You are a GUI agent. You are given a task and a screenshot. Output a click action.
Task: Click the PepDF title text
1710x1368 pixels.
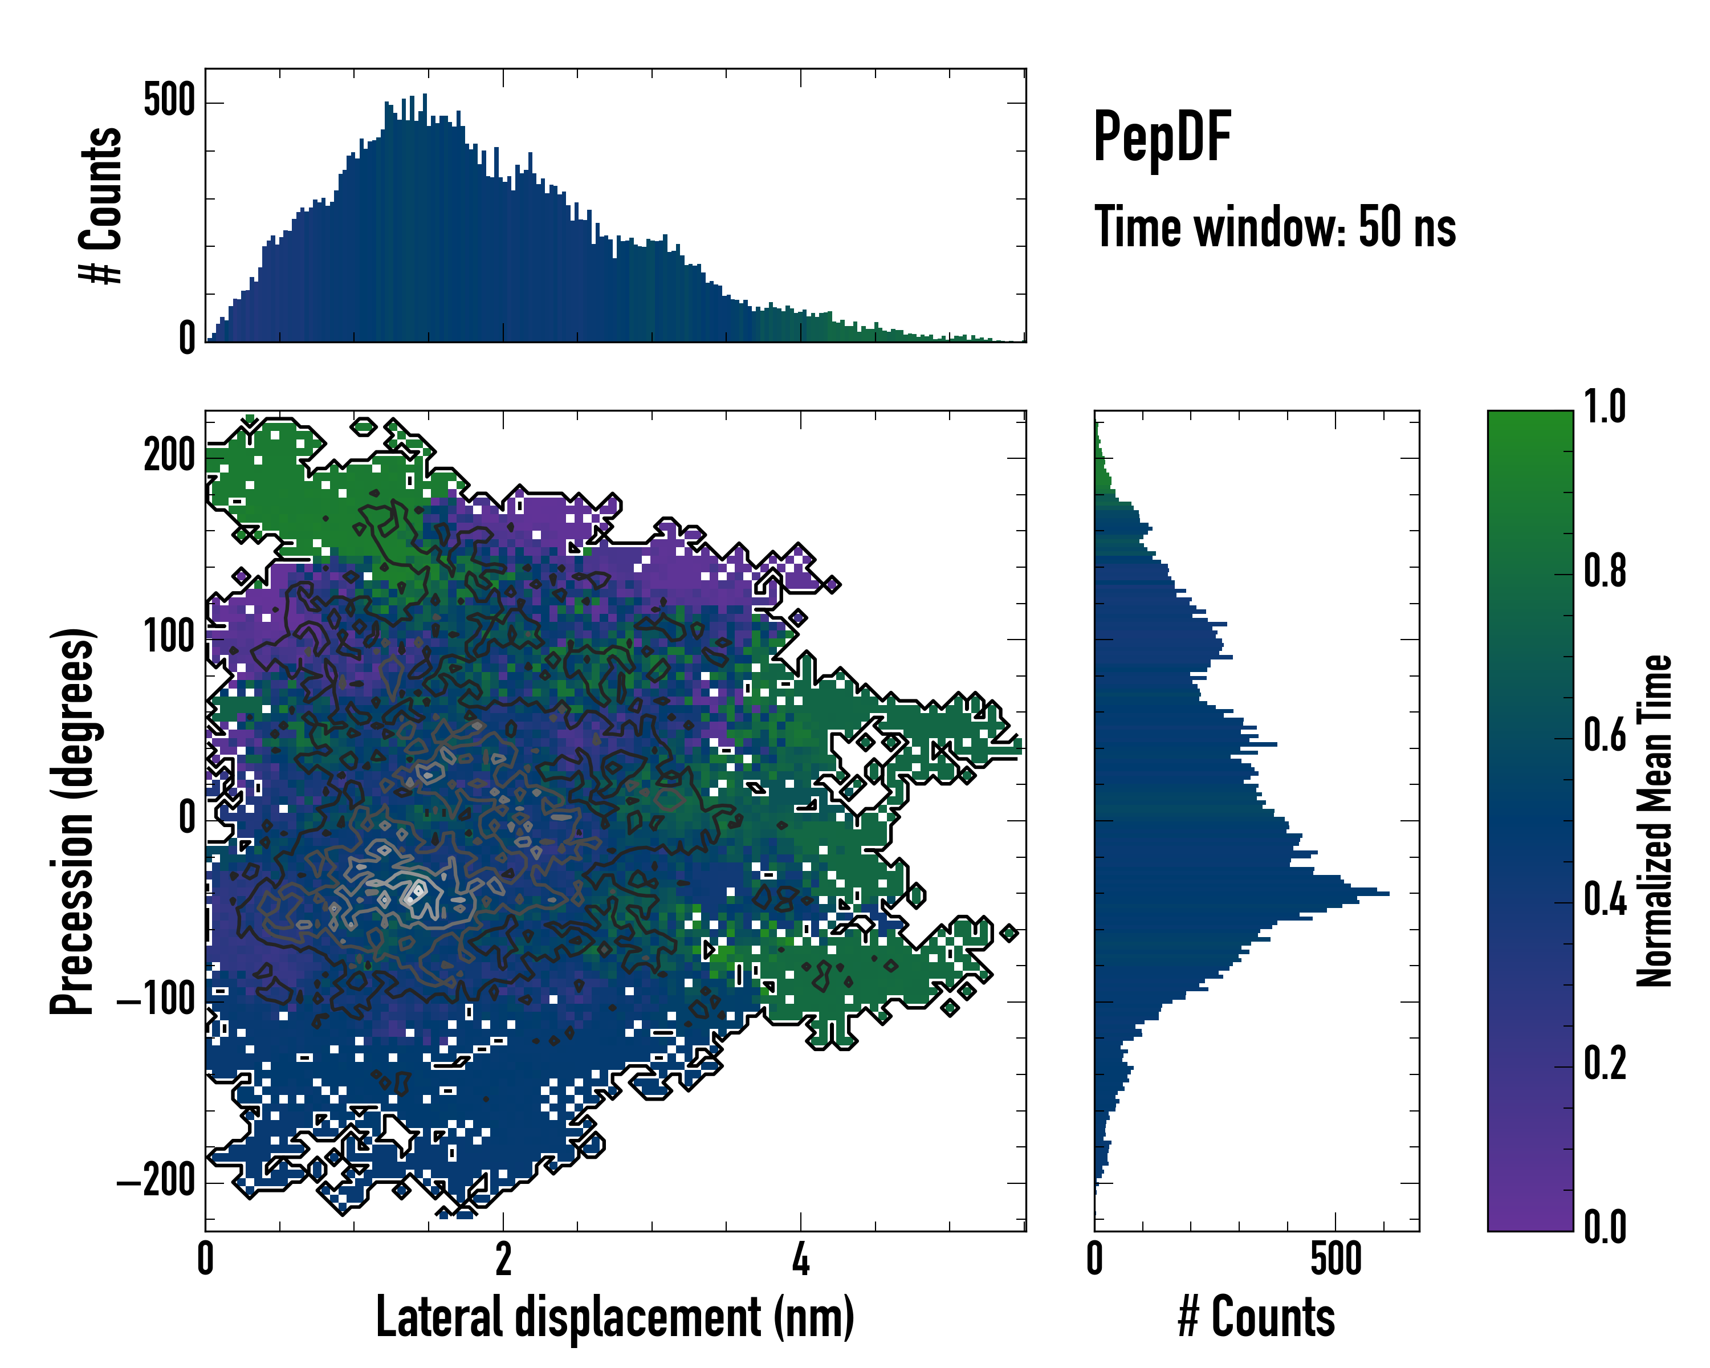1161,137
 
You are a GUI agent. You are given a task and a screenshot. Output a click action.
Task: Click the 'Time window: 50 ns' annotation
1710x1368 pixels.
1275,227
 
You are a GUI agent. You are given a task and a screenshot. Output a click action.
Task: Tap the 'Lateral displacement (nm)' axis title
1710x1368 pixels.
614,1317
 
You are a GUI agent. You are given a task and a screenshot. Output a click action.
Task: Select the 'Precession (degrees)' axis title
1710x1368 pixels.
73,821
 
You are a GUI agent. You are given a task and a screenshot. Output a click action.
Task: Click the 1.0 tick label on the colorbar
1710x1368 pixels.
1605,407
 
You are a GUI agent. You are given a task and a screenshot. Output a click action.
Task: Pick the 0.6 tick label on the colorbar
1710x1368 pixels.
1605,735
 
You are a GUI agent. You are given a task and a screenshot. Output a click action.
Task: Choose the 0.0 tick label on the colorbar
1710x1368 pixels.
1605,1227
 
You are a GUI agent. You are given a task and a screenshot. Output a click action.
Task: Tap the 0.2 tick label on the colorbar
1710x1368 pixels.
1605,1064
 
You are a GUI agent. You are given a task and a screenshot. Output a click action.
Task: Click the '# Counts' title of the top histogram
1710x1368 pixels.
101,205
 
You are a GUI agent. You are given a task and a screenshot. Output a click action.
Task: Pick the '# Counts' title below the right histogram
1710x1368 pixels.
1256,1317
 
